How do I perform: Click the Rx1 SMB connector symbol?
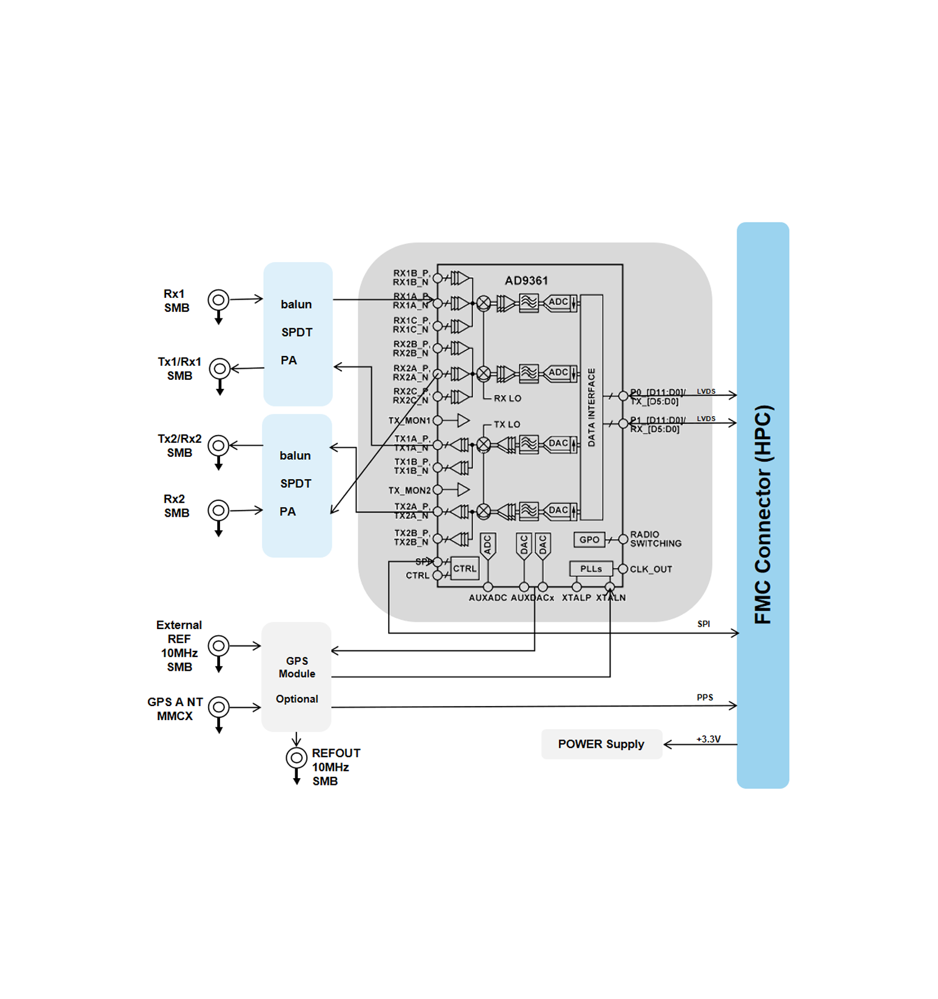click(x=218, y=300)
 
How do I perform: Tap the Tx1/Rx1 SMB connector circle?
click(x=219, y=368)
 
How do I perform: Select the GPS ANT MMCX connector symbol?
click(x=219, y=707)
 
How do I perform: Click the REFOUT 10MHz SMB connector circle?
click(x=296, y=758)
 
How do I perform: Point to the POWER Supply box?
click(x=601, y=744)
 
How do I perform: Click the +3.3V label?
click(x=708, y=739)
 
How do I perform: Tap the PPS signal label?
click(x=705, y=698)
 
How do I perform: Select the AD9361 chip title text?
click(x=526, y=281)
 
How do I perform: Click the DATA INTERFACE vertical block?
click(x=592, y=407)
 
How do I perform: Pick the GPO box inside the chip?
click(x=589, y=539)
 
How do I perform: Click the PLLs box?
click(x=591, y=569)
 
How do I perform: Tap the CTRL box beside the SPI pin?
click(x=465, y=569)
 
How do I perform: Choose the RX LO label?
click(x=508, y=399)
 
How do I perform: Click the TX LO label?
click(x=507, y=425)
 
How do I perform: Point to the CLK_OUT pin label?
click(x=651, y=570)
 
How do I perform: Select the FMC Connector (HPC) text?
click(x=763, y=514)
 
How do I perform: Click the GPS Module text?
click(x=297, y=667)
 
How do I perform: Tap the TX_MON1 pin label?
click(x=409, y=420)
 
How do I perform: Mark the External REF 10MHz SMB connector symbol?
click(x=219, y=646)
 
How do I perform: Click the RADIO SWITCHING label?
click(x=655, y=539)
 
